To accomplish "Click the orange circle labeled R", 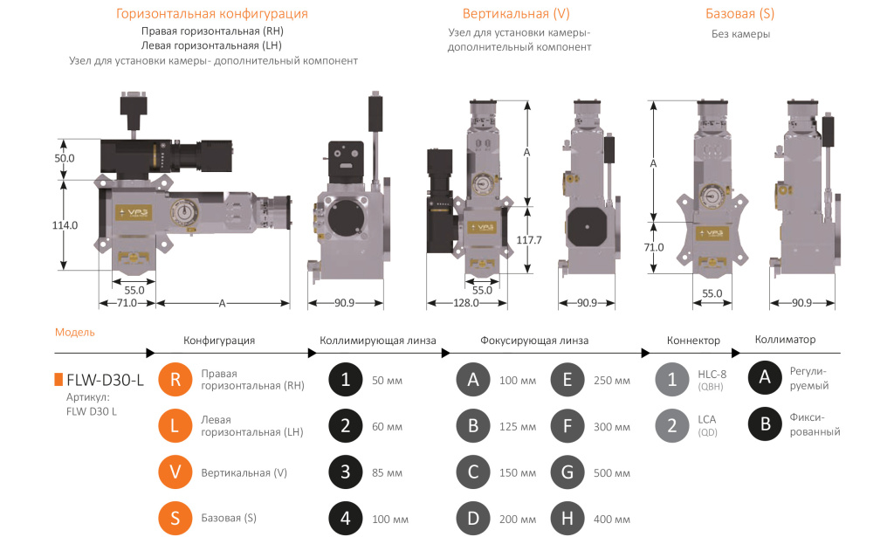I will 175,380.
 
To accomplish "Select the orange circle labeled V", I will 175,472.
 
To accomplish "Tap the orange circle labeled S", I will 175,518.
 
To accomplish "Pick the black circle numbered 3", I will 346,472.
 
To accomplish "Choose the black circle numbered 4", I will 346,518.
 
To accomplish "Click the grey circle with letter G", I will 567,472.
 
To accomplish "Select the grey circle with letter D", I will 473,518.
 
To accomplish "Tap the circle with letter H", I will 567,518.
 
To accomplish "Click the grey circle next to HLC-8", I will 672,380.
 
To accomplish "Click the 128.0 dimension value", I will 465,303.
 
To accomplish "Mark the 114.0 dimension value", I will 65,224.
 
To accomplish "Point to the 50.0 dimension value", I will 65,159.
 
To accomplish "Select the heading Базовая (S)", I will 739,14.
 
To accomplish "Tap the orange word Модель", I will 74,333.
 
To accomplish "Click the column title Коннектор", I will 693,341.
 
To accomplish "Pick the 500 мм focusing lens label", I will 611,473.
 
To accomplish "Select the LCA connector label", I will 706,420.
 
